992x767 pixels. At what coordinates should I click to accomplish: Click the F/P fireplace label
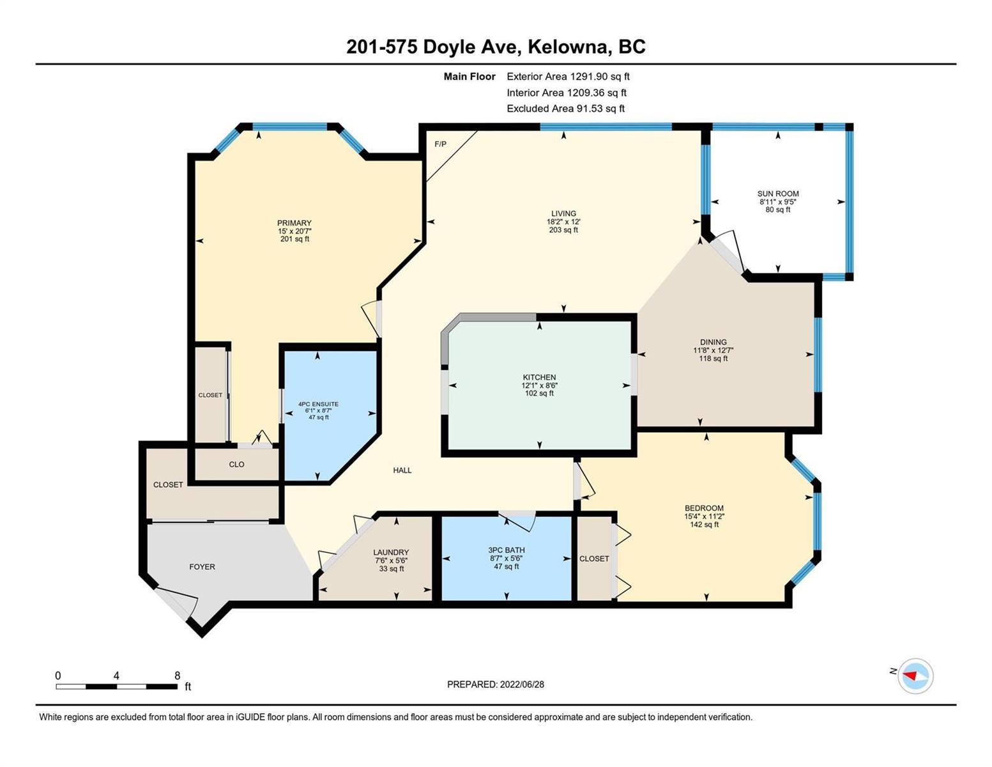pyautogui.click(x=440, y=144)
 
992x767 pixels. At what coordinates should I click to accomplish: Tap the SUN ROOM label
pyautogui.click(x=778, y=193)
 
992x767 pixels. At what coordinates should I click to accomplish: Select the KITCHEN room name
pyautogui.click(x=539, y=377)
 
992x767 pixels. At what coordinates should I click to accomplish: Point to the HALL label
pyautogui.click(x=402, y=470)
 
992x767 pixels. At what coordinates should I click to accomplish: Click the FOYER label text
pyautogui.click(x=202, y=566)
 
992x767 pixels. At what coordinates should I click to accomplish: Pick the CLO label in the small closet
pyautogui.click(x=236, y=464)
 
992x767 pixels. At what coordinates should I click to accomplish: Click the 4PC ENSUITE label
pyautogui.click(x=318, y=404)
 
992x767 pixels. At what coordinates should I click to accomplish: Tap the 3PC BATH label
pyautogui.click(x=507, y=550)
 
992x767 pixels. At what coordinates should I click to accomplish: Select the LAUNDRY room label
pyautogui.click(x=391, y=552)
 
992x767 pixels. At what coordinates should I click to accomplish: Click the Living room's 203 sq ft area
pyautogui.click(x=563, y=229)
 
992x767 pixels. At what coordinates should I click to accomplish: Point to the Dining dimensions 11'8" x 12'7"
pyautogui.click(x=713, y=350)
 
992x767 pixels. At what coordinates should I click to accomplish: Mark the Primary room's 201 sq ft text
pyautogui.click(x=294, y=239)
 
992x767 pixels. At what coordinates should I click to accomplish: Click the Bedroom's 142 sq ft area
pyautogui.click(x=704, y=524)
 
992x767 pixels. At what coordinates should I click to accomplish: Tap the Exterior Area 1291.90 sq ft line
pyautogui.click(x=568, y=76)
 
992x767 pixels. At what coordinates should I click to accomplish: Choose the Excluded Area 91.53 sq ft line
pyautogui.click(x=565, y=108)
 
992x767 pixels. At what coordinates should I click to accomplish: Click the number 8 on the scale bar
pyautogui.click(x=177, y=675)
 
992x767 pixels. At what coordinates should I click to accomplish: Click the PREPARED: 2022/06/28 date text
pyautogui.click(x=495, y=685)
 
